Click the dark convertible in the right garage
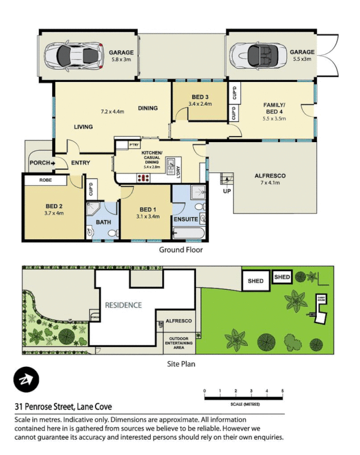pyautogui.click(x=257, y=55)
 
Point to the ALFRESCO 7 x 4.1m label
pyautogui.click(x=270, y=180)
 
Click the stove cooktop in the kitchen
pyautogui.click(x=144, y=178)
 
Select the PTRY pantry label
pyautogui.click(x=134, y=146)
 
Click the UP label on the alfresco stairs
pyautogui.click(x=227, y=191)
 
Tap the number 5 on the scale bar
pyautogui.click(x=283, y=391)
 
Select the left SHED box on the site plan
pyautogui.click(x=255, y=280)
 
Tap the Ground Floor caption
pyautogui.click(x=180, y=249)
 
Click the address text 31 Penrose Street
pyautogui.click(x=63, y=407)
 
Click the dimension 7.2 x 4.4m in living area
pyautogui.click(x=112, y=111)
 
